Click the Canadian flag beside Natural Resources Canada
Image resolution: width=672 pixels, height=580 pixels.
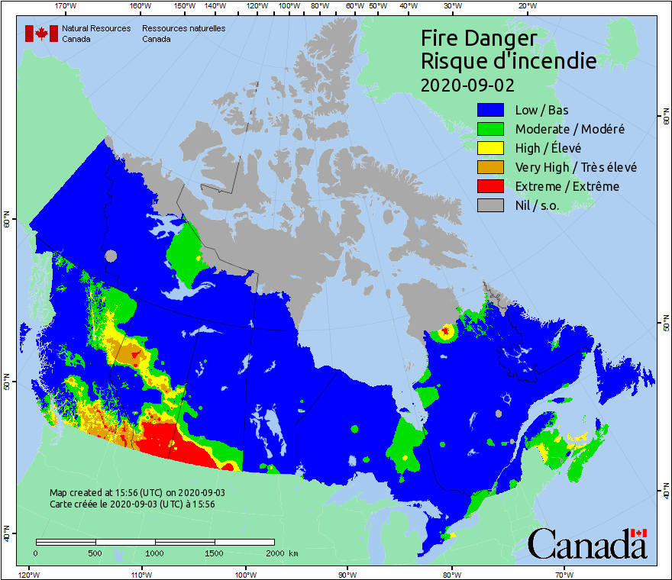tap(41, 34)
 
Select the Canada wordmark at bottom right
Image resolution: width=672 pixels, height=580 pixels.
tap(586, 543)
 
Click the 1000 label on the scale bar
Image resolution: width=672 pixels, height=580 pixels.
tap(155, 553)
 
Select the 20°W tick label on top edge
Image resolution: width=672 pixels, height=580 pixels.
tap(525, 6)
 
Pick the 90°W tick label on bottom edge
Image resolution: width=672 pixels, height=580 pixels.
tap(347, 574)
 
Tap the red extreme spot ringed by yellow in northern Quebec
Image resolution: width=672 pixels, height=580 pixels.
tap(444, 331)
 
